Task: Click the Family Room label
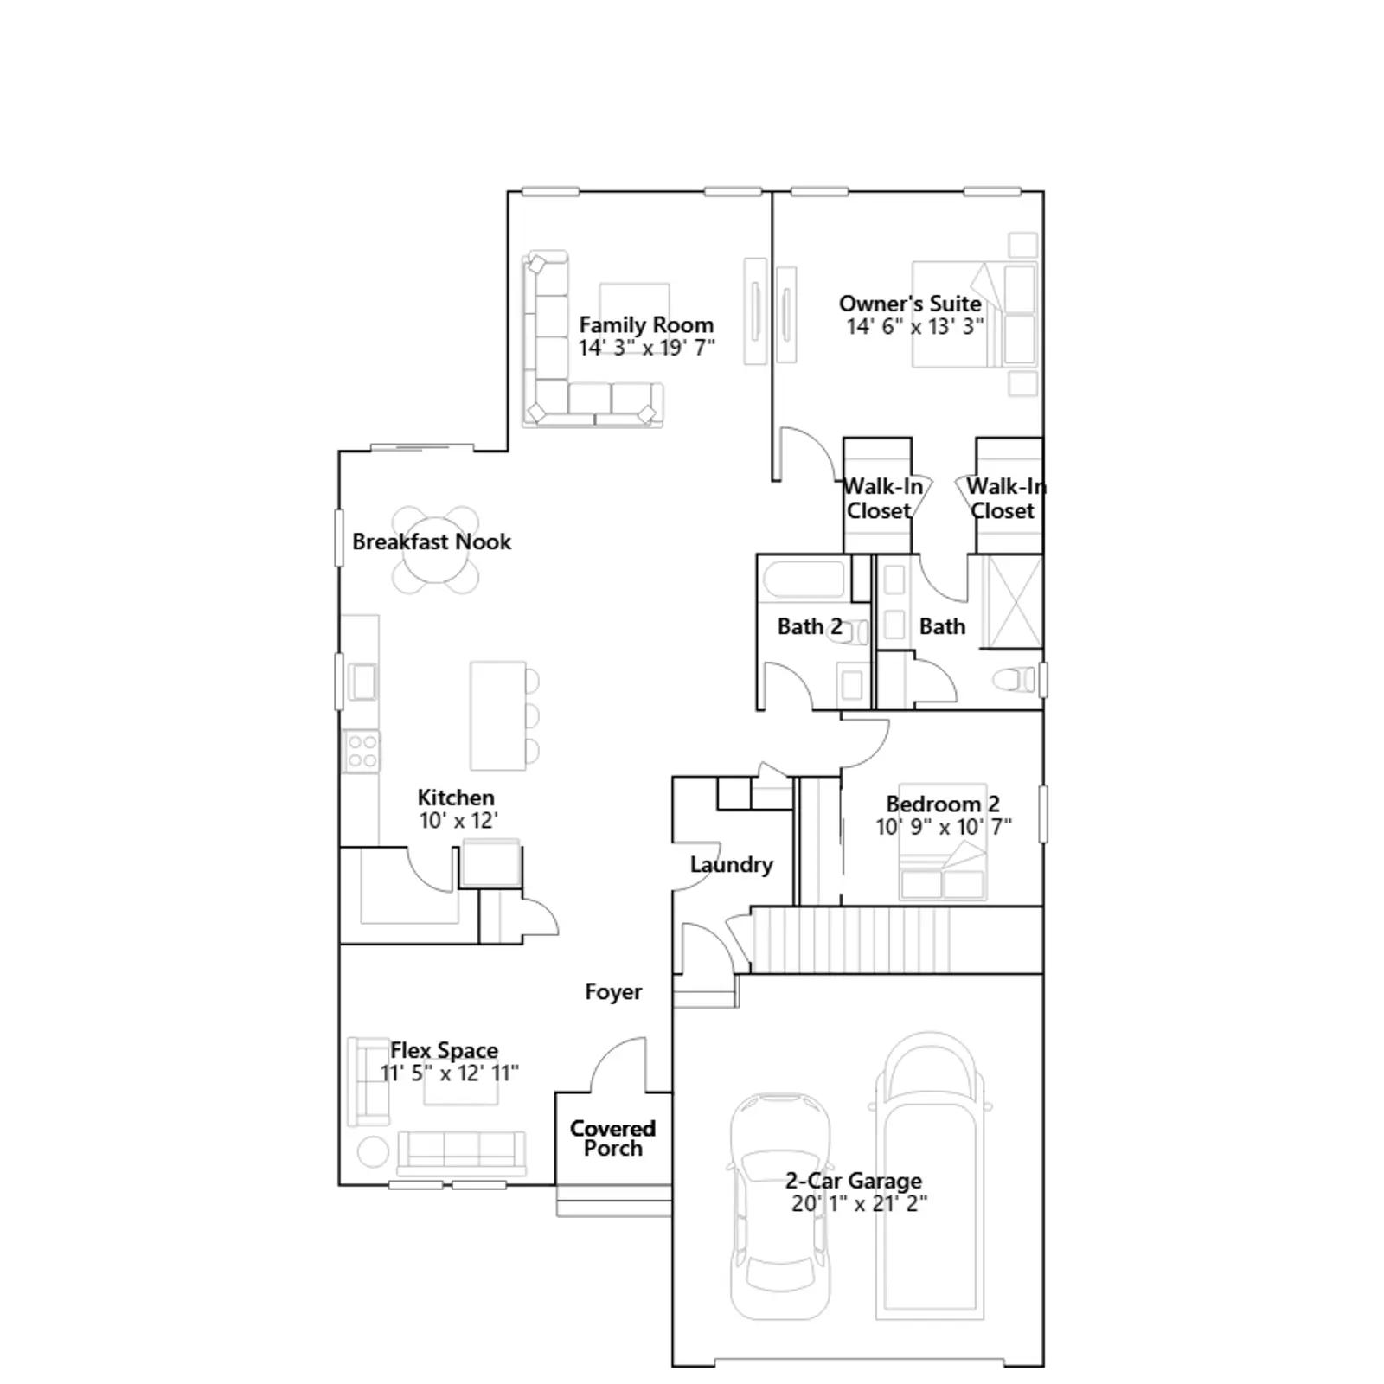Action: tap(646, 325)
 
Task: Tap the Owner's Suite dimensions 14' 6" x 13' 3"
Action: tap(915, 327)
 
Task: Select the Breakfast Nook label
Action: tap(432, 542)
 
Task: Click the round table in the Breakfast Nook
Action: tap(435, 550)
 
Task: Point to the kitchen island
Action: tap(498, 715)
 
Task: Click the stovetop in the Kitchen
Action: tap(362, 751)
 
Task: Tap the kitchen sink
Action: tap(362, 681)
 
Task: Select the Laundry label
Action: tap(731, 865)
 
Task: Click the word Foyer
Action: tap(613, 992)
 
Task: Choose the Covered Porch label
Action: tap(612, 1138)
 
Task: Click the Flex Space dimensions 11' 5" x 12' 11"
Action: tap(450, 1073)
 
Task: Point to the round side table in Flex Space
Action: tap(374, 1151)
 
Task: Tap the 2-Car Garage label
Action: tap(854, 1181)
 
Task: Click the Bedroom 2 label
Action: tap(943, 804)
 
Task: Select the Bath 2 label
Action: tap(810, 626)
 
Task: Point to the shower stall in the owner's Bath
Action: tap(1014, 602)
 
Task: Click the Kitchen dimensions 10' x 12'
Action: tap(458, 821)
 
